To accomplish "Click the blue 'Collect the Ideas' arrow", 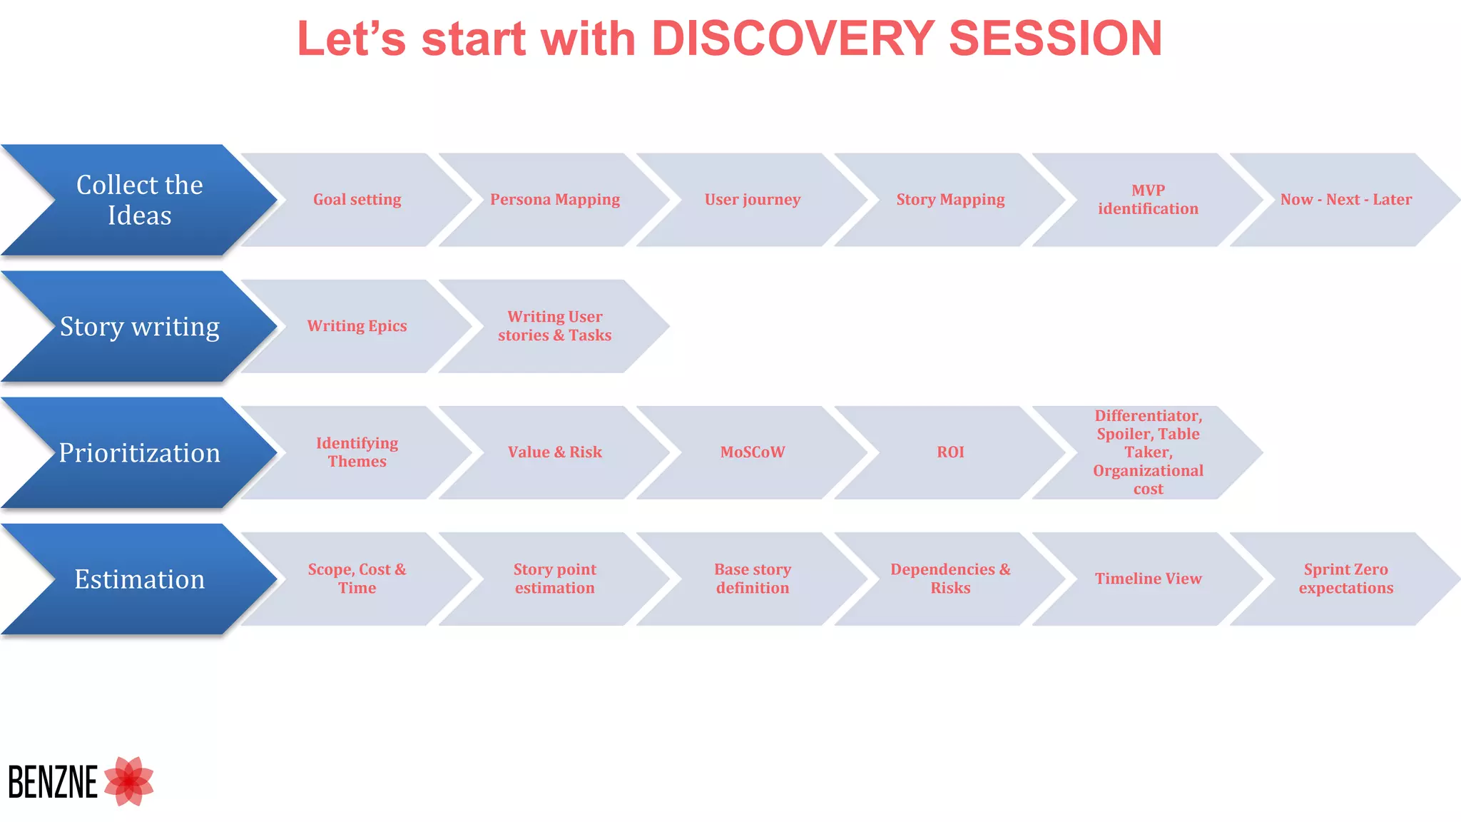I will [x=139, y=200].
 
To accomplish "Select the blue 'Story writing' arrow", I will [x=139, y=326].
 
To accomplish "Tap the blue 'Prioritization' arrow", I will [x=139, y=452].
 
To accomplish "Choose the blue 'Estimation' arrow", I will [x=139, y=579].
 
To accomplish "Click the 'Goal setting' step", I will [x=357, y=200].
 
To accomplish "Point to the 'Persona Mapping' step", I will [x=554, y=200].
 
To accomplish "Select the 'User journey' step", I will [x=752, y=200].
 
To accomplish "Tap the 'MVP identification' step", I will [x=1147, y=200].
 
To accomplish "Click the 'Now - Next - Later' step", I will [x=1345, y=200].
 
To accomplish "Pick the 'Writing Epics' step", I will [x=357, y=326].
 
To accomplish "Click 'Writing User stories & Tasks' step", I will [x=554, y=326].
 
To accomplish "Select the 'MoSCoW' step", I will [x=752, y=452].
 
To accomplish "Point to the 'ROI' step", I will [x=950, y=452].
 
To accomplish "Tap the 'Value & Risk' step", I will [x=554, y=452].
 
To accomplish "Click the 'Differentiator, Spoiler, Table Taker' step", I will [x=1147, y=452].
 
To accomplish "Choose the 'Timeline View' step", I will [x=1147, y=579].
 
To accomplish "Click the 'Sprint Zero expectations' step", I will [x=1345, y=579].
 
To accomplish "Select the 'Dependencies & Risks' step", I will [x=950, y=579].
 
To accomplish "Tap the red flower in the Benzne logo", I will [x=129, y=781].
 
